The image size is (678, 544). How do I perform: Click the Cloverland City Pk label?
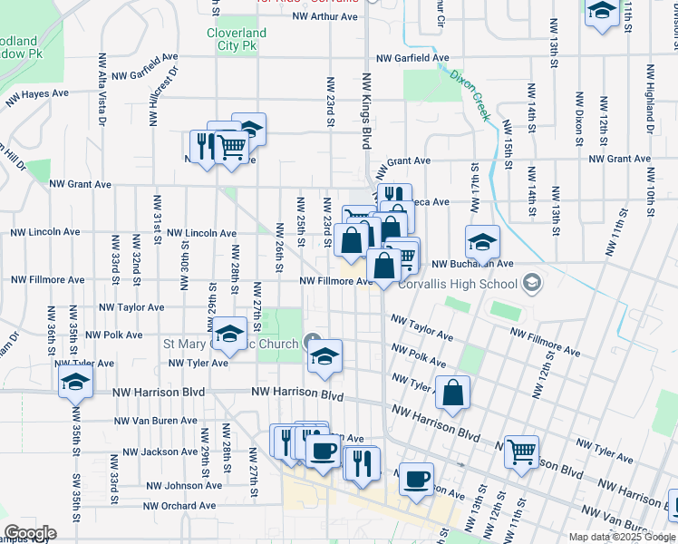pos(237,38)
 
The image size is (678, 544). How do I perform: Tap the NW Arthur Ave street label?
pos(326,16)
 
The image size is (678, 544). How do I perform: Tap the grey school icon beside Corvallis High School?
pos(532,284)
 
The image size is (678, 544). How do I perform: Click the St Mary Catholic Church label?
pos(230,345)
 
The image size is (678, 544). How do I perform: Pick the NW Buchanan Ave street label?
pos(472,264)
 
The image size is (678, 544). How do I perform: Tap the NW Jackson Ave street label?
pos(160,452)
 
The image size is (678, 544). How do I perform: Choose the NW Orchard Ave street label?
pos(179,505)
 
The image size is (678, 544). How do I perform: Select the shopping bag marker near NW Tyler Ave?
pos(452,393)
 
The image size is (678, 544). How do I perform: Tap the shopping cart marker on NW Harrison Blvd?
pos(521,451)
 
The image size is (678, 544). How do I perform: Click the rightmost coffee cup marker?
pos(416,478)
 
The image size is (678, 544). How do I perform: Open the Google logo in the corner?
pos(30,533)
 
